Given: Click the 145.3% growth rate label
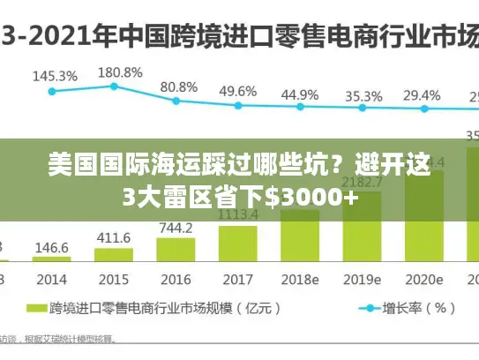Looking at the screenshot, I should [x=55, y=76].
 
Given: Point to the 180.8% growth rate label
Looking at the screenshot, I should [x=120, y=71].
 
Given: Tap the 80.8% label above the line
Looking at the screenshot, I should [x=179, y=86].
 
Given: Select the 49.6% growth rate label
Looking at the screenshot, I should [x=238, y=91].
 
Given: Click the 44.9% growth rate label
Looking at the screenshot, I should [x=300, y=94].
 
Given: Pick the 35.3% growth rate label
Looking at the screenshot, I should [x=363, y=96].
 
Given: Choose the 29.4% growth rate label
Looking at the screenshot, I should [x=422, y=94].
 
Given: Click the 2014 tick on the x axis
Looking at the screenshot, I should [x=51, y=280].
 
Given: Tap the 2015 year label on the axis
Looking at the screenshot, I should [x=113, y=280].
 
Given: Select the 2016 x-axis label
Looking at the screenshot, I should [x=176, y=280].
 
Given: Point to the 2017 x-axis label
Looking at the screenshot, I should [x=238, y=280].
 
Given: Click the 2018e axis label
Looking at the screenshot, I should [x=301, y=280].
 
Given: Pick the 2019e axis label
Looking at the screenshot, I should [x=363, y=280].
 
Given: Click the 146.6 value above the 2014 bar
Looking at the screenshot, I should [x=51, y=249].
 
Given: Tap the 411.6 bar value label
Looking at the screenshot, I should [x=113, y=238].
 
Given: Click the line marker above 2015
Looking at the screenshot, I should [x=114, y=86].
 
